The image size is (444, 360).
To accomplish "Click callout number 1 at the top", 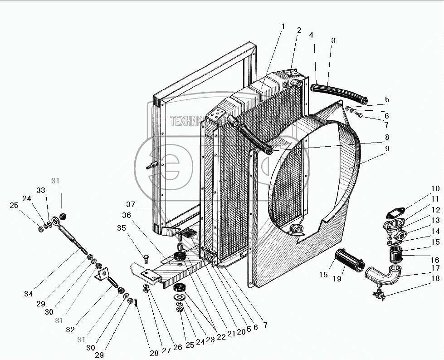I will [x=283, y=26].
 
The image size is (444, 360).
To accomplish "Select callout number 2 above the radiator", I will [x=299, y=30].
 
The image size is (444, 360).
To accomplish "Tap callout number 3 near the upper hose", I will [x=333, y=40].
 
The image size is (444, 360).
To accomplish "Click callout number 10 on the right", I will [x=435, y=188].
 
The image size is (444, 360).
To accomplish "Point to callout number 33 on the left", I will [x=41, y=190].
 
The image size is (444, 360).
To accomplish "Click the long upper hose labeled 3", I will [x=340, y=93].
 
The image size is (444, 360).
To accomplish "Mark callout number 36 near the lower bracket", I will [x=126, y=216].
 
